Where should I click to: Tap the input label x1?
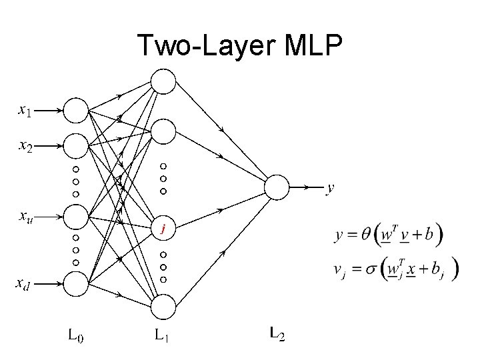coord(24,110)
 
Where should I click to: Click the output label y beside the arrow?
coord(329,189)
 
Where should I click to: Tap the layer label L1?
coord(161,335)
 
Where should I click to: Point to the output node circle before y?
coord(277,187)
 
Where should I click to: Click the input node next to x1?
coord(76,111)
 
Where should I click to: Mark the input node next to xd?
coord(76,285)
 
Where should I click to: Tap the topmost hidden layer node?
coord(163,81)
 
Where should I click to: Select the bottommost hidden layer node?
coord(163,307)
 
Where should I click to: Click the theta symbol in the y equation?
coord(367,235)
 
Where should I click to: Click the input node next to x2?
coord(76,145)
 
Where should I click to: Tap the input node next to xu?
coord(76,216)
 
